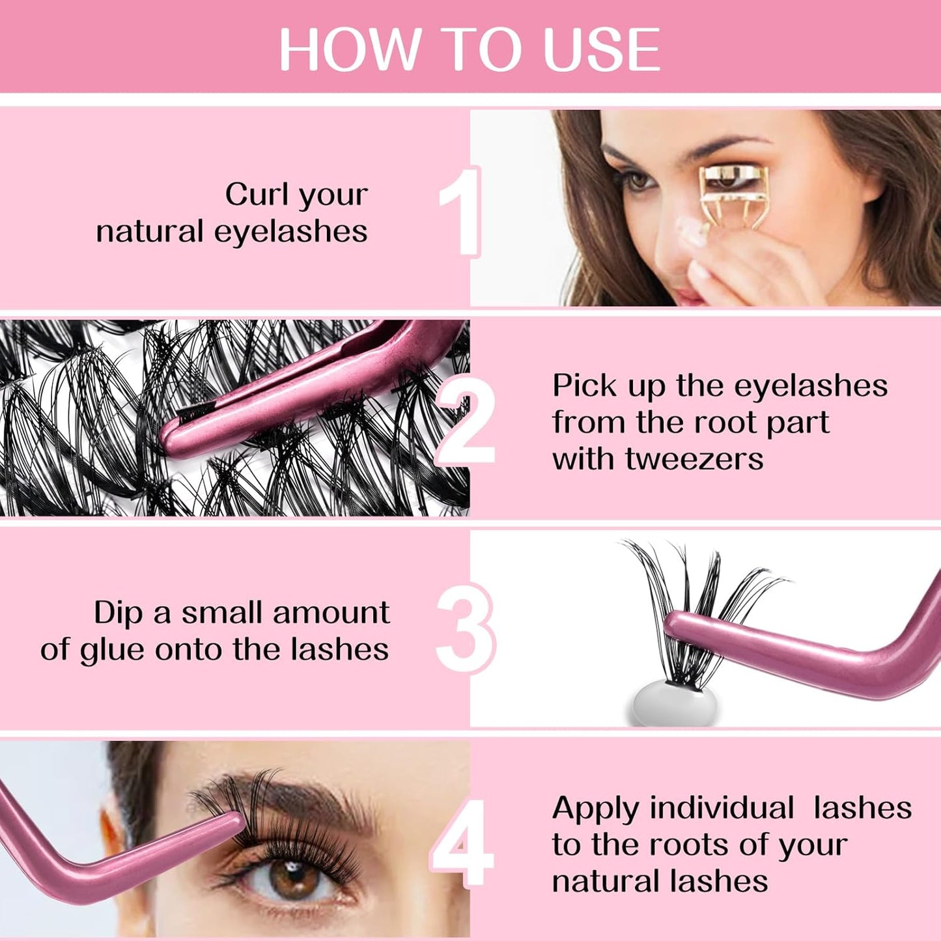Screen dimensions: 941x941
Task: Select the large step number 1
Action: tap(460, 212)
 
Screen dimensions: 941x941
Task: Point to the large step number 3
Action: tap(466, 628)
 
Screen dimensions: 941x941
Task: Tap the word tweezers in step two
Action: tap(694, 458)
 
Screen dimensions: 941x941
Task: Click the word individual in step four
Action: tap(722, 808)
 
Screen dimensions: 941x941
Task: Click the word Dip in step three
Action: tap(118, 613)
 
